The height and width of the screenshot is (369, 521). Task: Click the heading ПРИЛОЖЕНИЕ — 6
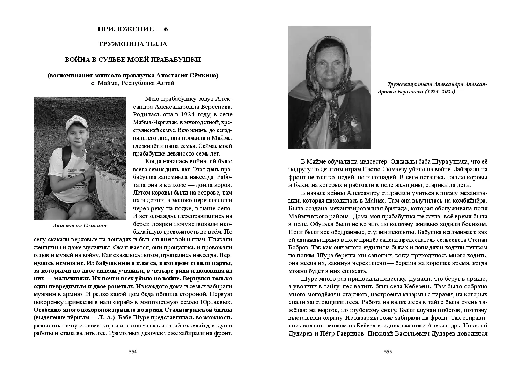(133, 29)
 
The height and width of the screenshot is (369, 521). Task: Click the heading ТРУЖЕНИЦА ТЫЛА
(133, 44)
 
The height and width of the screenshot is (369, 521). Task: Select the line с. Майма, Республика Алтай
(133, 83)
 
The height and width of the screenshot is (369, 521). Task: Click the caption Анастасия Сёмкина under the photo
(79, 226)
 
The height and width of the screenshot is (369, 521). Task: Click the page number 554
(133, 352)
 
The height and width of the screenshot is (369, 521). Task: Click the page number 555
(388, 352)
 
